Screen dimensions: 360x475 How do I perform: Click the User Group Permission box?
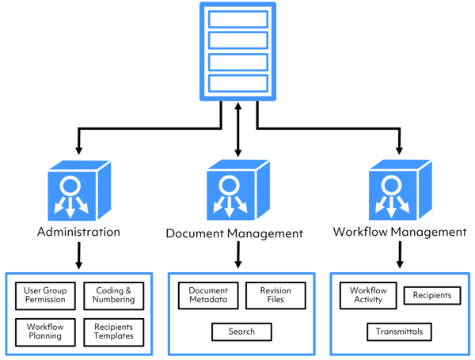44,295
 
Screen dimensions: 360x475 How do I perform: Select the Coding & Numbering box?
114,295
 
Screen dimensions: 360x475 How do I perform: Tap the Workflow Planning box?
44,332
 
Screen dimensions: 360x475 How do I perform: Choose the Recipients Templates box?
114,332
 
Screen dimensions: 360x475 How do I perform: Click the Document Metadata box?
208,296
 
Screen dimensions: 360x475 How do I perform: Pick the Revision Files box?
275,296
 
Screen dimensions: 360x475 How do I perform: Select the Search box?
241,332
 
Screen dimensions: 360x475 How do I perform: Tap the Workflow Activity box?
368,295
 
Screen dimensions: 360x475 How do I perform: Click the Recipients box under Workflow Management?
432,296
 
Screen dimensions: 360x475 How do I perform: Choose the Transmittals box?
399,332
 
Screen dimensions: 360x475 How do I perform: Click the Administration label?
78,232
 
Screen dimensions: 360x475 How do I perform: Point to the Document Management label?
234,233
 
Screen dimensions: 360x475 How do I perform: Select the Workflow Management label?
399,232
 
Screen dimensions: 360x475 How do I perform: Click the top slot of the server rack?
237,20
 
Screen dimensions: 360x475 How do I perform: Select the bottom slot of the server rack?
237,83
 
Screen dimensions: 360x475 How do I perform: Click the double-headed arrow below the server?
238,131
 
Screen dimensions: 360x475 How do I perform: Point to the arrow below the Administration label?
78,256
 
